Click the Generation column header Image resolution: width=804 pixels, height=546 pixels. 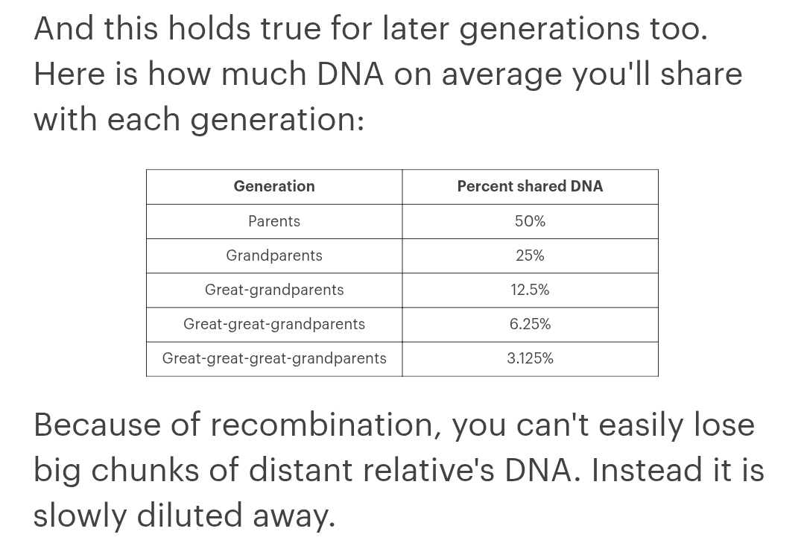pos(274,186)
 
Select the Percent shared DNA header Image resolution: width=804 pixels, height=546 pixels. pos(531,186)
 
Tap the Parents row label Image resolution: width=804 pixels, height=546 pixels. pos(274,221)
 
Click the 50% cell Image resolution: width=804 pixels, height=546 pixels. pos(531,221)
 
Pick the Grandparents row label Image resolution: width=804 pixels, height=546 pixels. pos(274,255)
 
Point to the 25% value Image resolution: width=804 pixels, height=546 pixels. pos(531,255)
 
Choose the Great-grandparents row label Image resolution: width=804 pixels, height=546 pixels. pos(274,290)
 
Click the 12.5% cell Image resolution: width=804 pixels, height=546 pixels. pos(531,290)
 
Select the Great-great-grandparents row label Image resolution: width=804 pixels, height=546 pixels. pos(274,324)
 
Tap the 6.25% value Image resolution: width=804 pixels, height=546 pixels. pos(531,324)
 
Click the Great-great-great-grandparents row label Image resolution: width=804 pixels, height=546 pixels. pos(274,358)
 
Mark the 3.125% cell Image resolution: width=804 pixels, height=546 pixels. pos(531,358)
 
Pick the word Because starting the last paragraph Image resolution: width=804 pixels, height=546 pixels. pos(97,425)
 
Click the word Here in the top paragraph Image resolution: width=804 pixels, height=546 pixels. pos(70,74)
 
